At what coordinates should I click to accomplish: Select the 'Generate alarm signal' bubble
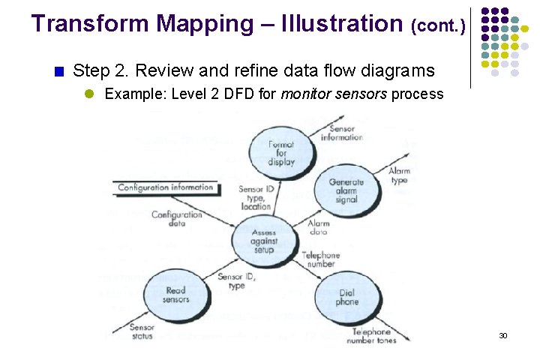[346, 191]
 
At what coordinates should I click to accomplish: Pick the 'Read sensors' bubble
[175, 295]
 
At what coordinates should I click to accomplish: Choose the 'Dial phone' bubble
[347, 297]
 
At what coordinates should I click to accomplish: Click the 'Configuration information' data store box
[166, 187]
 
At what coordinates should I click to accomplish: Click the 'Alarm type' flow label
[399, 175]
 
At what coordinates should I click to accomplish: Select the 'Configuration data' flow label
[177, 219]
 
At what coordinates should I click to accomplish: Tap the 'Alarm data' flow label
[318, 228]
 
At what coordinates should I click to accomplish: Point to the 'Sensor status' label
[142, 331]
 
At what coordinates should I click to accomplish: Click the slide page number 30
[503, 335]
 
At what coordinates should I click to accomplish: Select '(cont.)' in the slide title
[438, 26]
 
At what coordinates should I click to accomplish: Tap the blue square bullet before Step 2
[59, 73]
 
